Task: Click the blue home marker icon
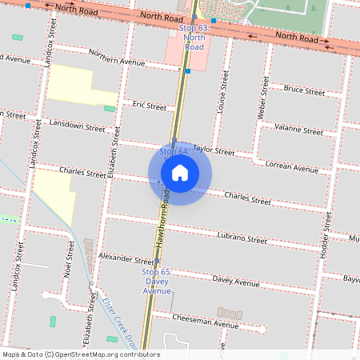point(180,173)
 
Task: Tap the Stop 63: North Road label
point(194,38)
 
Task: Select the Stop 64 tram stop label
point(174,151)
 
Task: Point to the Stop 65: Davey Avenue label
point(156,281)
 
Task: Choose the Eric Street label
point(150,106)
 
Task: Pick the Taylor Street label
point(214,150)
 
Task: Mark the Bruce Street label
point(304,91)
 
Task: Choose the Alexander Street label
point(126,260)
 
